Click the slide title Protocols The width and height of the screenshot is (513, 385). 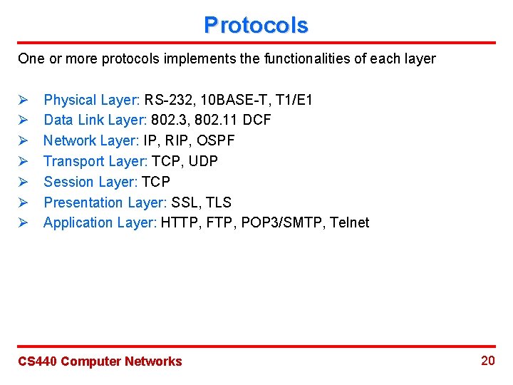pos(256,26)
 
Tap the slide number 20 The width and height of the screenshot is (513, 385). pos(487,361)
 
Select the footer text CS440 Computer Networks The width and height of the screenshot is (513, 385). pos(100,361)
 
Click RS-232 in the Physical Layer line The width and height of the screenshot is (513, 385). pos(167,100)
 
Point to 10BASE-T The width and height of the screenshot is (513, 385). pos(228,100)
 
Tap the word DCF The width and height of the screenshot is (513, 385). pos(256,120)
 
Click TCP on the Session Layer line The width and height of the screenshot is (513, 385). pos(156,182)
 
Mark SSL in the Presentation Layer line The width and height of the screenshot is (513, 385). pos(185,202)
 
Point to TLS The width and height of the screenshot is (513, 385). pos(218,202)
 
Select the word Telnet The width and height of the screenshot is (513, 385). pos(350,222)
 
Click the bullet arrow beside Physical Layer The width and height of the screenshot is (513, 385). pos(23,100)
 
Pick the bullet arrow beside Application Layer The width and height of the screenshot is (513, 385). pos(23,222)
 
